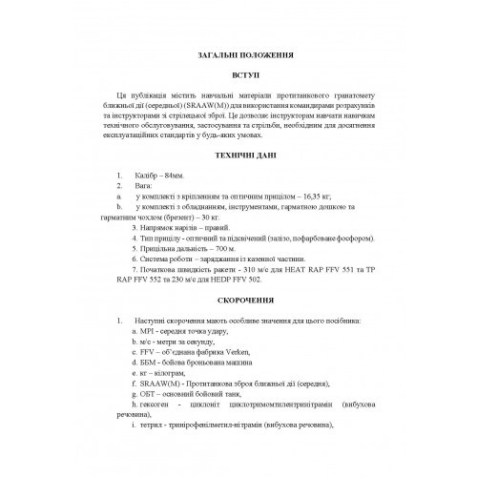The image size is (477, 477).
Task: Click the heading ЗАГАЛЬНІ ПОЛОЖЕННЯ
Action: [x=238, y=54]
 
